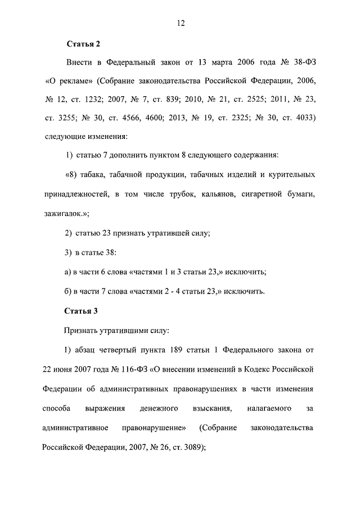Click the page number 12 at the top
point(181,23)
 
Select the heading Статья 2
point(83,43)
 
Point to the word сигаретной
point(263,195)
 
